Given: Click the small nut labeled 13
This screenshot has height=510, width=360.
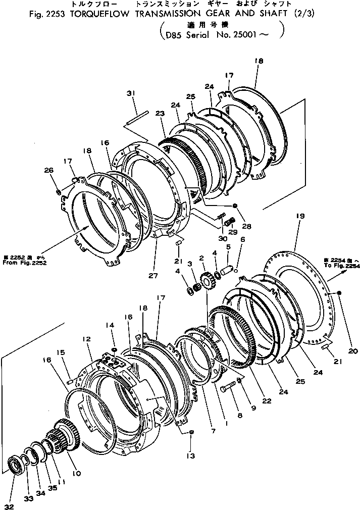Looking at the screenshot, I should pyautogui.click(x=192, y=432).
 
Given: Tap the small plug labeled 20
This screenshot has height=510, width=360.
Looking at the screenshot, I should pyautogui.click(x=339, y=293).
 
